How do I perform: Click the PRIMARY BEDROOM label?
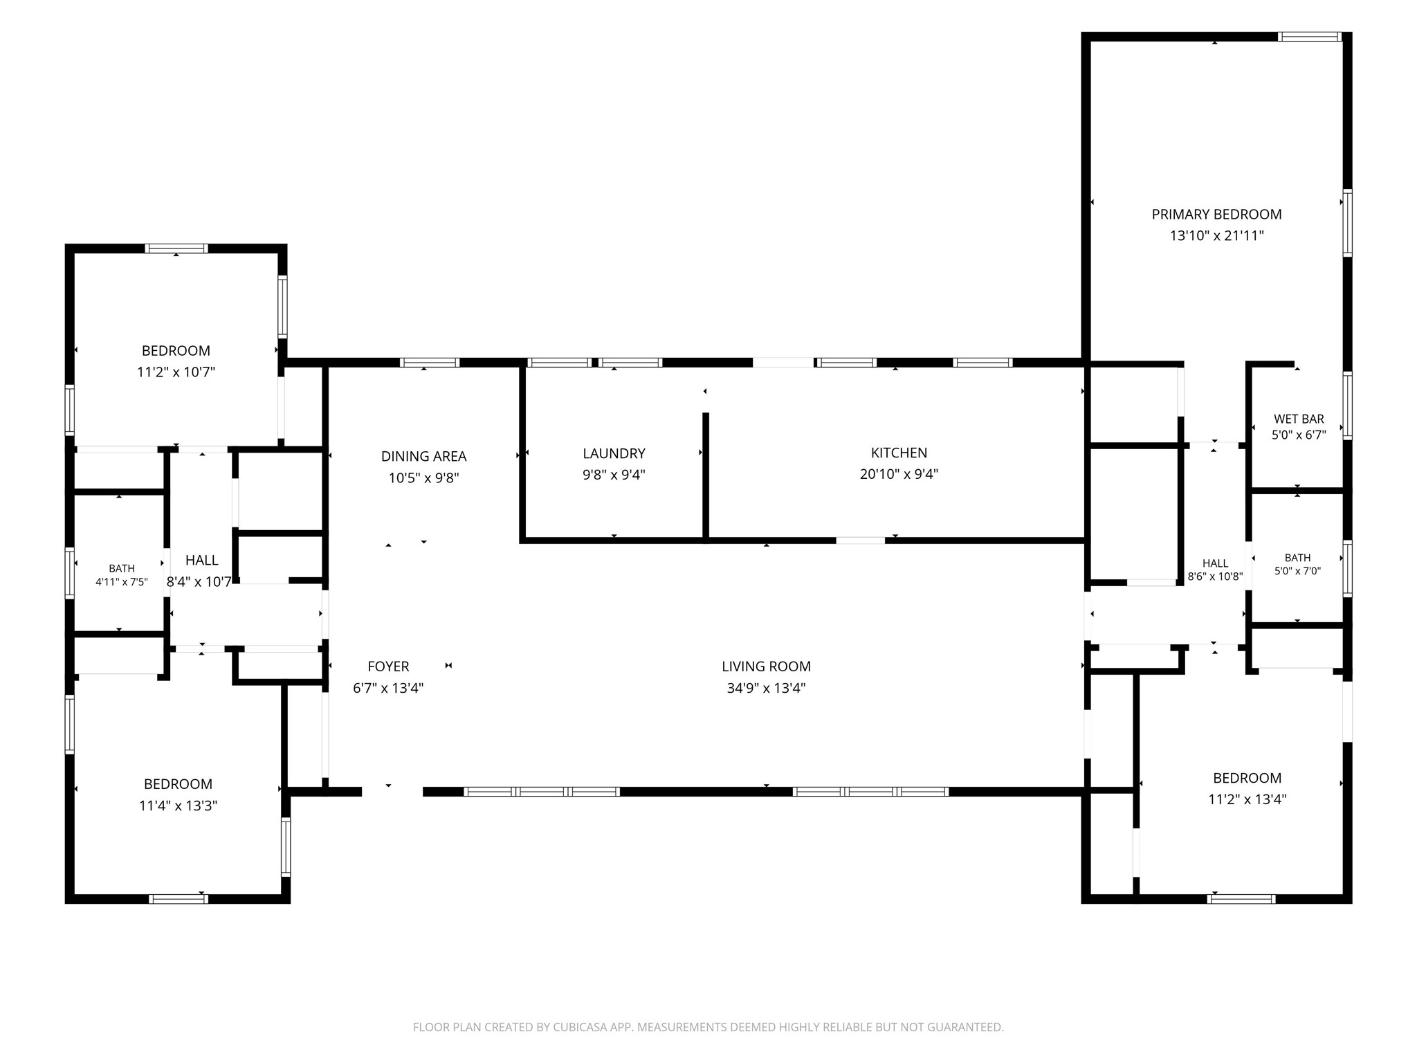tap(1216, 215)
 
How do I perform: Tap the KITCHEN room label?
tap(899, 453)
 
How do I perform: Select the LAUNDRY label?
tap(614, 453)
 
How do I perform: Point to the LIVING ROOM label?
tap(766, 666)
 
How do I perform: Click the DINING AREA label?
tap(423, 456)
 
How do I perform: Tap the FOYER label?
tap(388, 666)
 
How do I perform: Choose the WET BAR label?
tap(1299, 419)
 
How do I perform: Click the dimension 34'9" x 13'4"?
tap(766, 688)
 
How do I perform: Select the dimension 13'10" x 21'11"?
tap(1216, 236)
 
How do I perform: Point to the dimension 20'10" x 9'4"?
tap(899, 474)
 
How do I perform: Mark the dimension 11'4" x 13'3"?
tap(178, 806)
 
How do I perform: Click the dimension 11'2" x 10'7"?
tap(176, 372)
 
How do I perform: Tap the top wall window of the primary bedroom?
tap(1310, 37)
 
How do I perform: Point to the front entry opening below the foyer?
tap(392, 792)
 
